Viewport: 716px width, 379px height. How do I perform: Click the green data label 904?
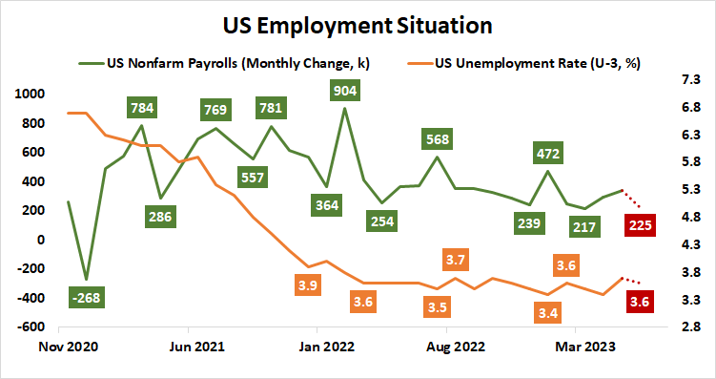pyautogui.click(x=344, y=91)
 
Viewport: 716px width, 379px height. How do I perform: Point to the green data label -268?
pyautogui.click(x=87, y=298)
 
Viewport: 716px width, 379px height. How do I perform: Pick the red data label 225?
pyautogui.click(x=639, y=225)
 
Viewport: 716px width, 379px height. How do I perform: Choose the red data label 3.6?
pyautogui.click(x=639, y=303)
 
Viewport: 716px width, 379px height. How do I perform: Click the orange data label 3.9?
pyautogui.click(x=308, y=284)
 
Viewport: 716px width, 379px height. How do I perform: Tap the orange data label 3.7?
pyautogui.click(x=455, y=260)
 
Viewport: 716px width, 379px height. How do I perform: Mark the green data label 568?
pyautogui.click(x=437, y=139)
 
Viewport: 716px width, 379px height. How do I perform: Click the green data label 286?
pyautogui.click(x=160, y=217)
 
